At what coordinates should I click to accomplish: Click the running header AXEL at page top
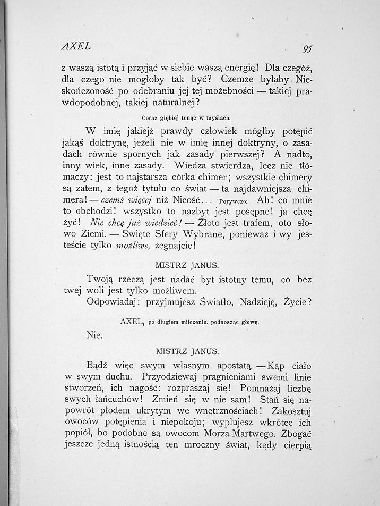76,46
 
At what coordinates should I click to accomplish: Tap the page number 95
307,48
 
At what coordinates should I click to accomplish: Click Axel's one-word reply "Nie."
94,335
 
